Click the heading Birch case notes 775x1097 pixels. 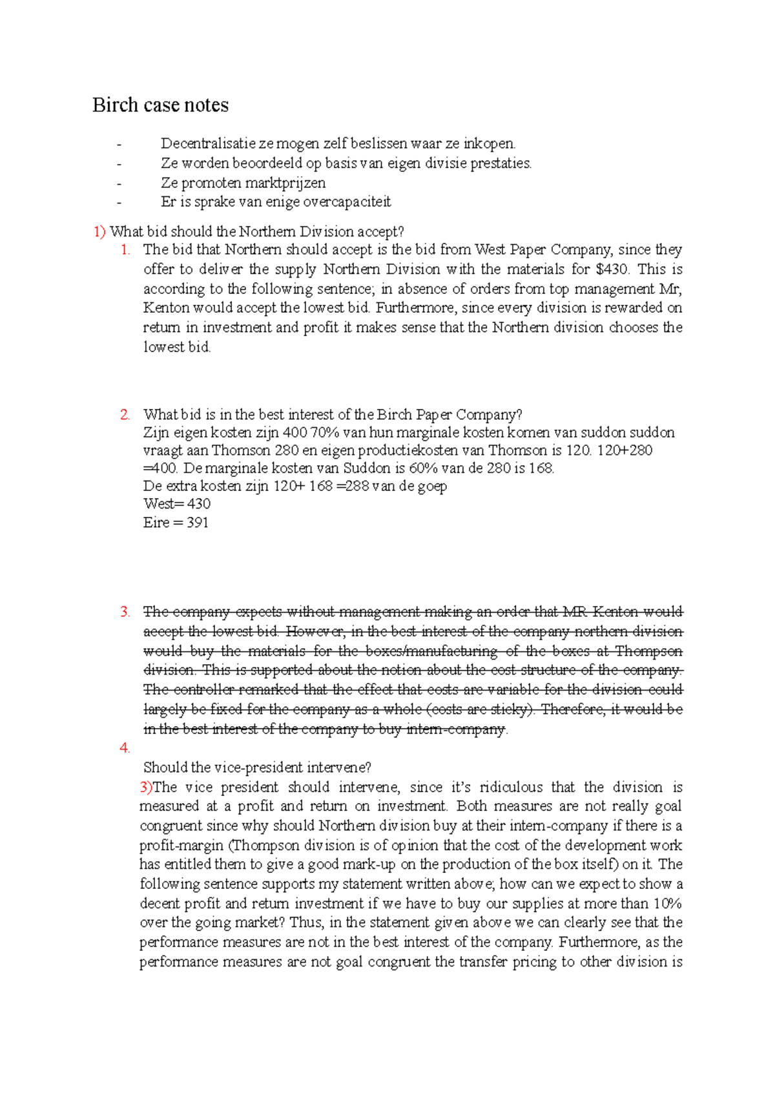pyautogui.click(x=160, y=105)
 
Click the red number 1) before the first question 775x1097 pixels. pyautogui.click(x=99, y=232)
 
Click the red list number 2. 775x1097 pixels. pyautogui.click(x=125, y=415)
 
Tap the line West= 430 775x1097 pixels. pyautogui.click(x=176, y=504)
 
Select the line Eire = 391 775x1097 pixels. pyautogui.click(x=176, y=523)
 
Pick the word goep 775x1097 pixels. pyautogui.click(x=431, y=486)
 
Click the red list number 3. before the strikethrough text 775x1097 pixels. pyautogui.click(x=125, y=612)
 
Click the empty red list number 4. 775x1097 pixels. pyautogui.click(x=125, y=748)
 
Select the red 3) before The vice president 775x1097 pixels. pyautogui.click(x=146, y=788)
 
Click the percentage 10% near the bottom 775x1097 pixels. pyautogui.click(x=668, y=904)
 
